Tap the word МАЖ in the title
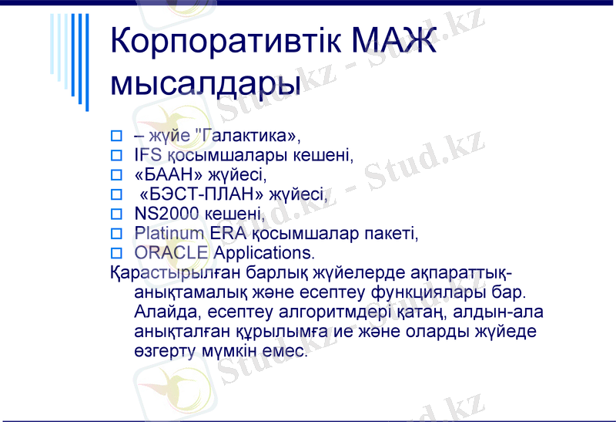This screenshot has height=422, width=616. [394, 40]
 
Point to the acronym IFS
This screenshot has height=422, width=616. [148, 155]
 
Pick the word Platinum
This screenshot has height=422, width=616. [169, 232]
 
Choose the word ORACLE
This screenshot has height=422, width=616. [171, 252]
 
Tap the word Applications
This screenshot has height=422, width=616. [264, 252]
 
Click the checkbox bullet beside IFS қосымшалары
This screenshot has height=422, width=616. [117, 156]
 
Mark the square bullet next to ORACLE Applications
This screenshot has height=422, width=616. [117, 253]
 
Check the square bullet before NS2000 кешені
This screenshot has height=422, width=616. [117, 214]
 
